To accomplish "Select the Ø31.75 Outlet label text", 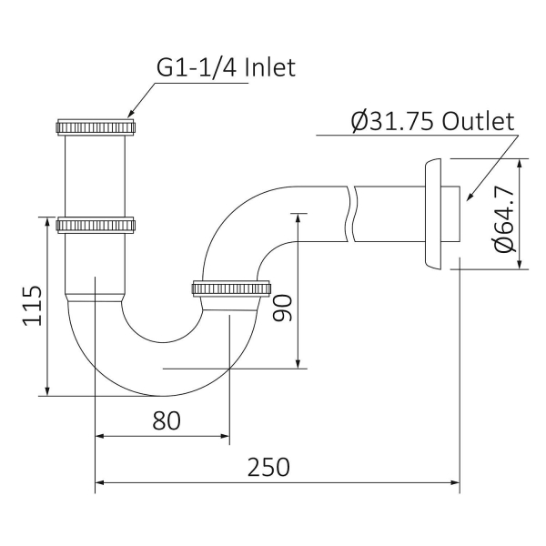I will (432, 121).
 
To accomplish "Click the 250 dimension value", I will (268, 466).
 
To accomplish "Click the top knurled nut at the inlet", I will (96, 125).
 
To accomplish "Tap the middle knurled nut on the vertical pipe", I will (96, 224).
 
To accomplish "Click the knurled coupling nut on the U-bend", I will (232, 290).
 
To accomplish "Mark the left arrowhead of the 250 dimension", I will (101, 482).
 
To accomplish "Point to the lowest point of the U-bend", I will (162, 396).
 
